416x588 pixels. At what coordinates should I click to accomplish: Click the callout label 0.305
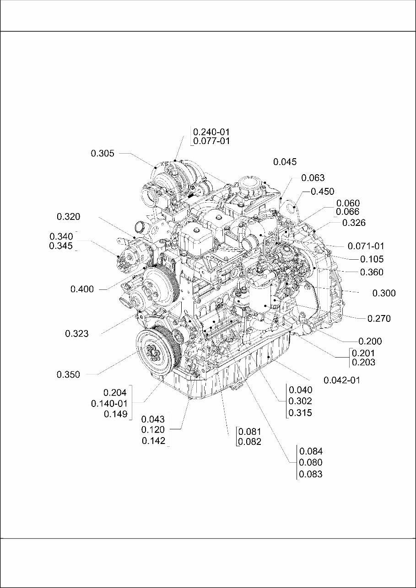pyautogui.click(x=103, y=154)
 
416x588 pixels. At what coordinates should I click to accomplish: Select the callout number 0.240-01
pyautogui.click(x=211, y=131)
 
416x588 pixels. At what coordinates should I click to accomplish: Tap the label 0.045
pyautogui.click(x=285, y=161)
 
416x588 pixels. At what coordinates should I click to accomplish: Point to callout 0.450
pyautogui.click(x=322, y=192)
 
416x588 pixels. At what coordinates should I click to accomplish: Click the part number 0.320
pyautogui.click(x=69, y=216)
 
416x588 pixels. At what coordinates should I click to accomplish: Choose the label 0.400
pyautogui.click(x=82, y=289)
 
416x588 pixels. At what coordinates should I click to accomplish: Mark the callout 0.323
pyautogui.click(x=76, y=334)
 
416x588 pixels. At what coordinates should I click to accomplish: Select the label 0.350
pyautogui.click(x=68, y=374)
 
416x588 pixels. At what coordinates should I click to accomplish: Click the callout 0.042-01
pyautogui.click(x=341, y=380)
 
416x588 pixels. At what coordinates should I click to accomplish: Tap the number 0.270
pyautogui.click(x=379, y=319)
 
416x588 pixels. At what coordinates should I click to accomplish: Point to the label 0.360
pyautogui.click(x=372, y=272)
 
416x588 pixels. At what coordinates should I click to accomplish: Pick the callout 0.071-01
pyautogui.click(x=366, y=246)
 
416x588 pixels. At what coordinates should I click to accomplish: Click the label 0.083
pyautogui.click(x=311, y=474)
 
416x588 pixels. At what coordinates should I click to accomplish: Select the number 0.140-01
pyautogui.click(x=109, y=403)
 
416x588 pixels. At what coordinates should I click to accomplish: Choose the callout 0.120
pyautogui.click(x=153, y=429)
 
